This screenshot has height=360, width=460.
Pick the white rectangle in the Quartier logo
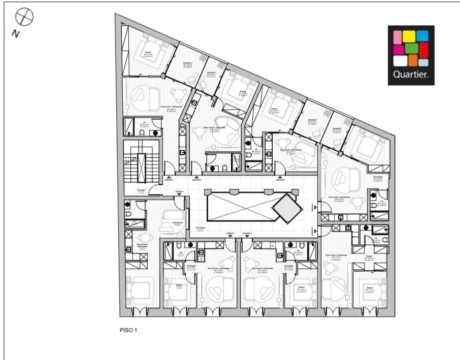[400, 61]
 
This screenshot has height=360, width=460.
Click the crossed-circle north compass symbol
[24, 17]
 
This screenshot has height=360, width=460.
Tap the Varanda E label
[313, 121]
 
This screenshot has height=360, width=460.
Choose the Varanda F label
[337, 130]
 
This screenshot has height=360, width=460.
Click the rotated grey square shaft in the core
[287, 208]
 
